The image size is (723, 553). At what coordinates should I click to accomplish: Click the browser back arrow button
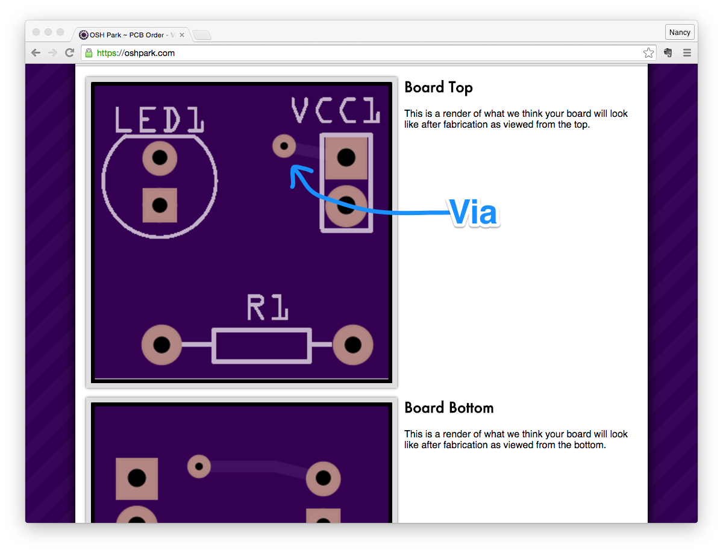click(x=36, y=53)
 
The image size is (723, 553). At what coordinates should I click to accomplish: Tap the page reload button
click(x=69, y=53)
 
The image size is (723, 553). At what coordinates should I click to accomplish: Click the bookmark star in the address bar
click(x=648, y=53)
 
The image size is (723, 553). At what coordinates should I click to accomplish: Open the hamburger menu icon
click(x=687, y=53)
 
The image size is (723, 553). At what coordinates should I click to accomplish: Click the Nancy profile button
click(x=680, y=33)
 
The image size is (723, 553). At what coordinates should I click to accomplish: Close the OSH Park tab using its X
click(x=182, y=35)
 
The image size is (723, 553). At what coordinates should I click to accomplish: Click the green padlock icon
click(x=89, y=53)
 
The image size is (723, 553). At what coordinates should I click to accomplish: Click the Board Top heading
click(x=438, y=87)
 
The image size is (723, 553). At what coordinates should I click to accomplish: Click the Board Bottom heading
click(x=449, y=408)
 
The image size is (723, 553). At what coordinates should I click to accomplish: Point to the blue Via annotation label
click(x=474, y=213)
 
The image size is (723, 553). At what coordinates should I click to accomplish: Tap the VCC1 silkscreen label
click(x=335, y=111)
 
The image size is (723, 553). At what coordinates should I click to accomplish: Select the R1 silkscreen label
click(x=267, y=307)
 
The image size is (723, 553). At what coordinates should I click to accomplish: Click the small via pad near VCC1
click(x=284, y=146)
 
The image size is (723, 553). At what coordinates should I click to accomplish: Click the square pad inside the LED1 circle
click(x=160, y=205)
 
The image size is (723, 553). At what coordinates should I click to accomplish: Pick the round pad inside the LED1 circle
click(x=160, y=158)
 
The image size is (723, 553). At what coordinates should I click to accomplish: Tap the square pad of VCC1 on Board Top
click(x=346, y=158)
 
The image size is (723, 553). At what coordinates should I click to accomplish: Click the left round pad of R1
click(x=161, y=345)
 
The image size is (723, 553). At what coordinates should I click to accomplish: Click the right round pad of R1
click(x=352, y=345)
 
